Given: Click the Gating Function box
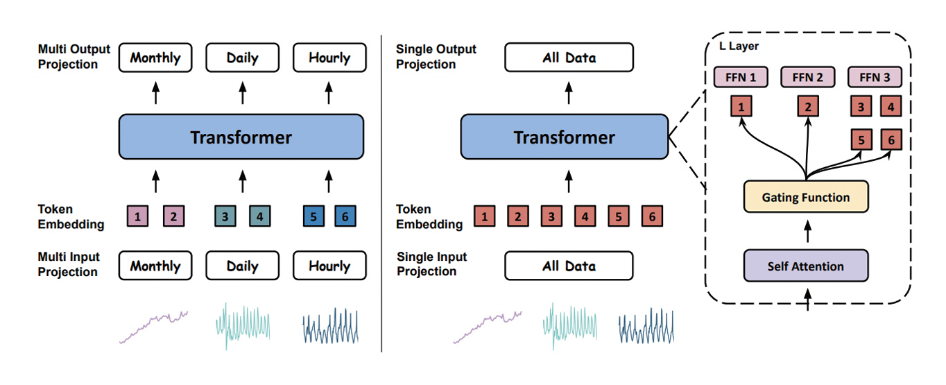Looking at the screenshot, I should click(x=805, y=198).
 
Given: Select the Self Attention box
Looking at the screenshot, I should click(x=805, y=266).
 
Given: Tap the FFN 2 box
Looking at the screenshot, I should click(x=809, y=78).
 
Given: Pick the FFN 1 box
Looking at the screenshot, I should click(x=741, y=78).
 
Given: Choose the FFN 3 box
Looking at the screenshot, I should click(x=875, y=78).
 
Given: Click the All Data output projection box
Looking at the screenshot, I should click(x=569, y=58).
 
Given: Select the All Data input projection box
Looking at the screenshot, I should click(x=569, y=266).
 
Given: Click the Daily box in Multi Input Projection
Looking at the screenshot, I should click(x=241, y=266).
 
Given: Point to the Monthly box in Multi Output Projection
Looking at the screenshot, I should click(x=155, y=58).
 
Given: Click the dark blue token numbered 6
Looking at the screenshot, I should click(x=345, y=216).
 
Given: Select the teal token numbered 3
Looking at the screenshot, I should click(x=225, y=216).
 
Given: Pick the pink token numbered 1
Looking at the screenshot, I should click(x=138, y=216).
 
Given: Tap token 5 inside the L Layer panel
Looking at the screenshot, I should click(x=861, y=140).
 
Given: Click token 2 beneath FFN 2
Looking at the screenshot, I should click(x=809, y=107).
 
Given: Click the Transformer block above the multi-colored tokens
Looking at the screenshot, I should click(x=241, y=137).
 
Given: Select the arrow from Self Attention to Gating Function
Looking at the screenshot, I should click(x=805, y=232).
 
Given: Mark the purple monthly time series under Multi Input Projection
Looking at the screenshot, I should click(x=154, y=327).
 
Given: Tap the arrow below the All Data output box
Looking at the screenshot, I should click(x=568, y=94).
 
